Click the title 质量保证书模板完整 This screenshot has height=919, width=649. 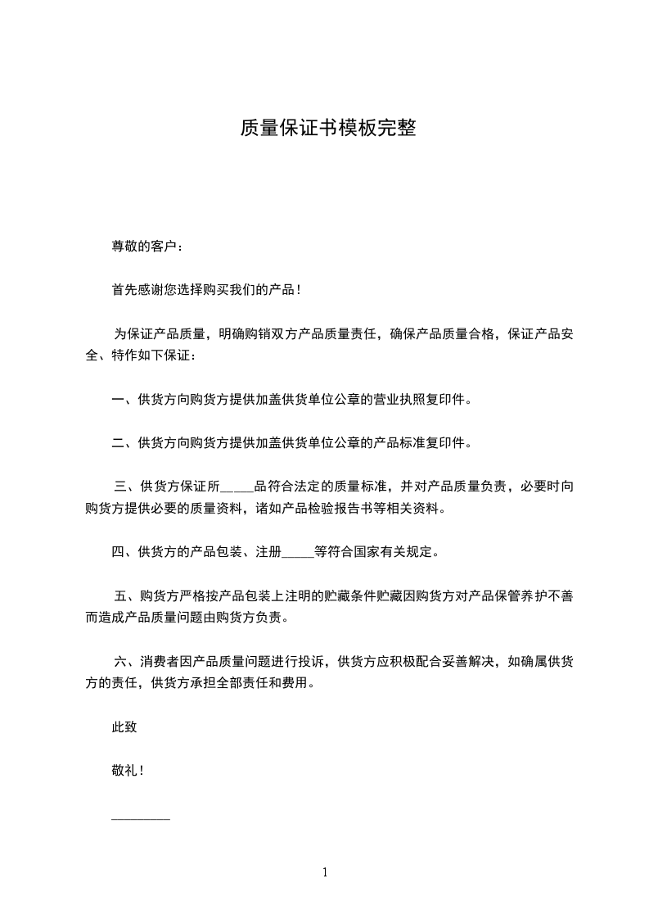(327, 129)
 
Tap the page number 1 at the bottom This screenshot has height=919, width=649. (325, 872)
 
